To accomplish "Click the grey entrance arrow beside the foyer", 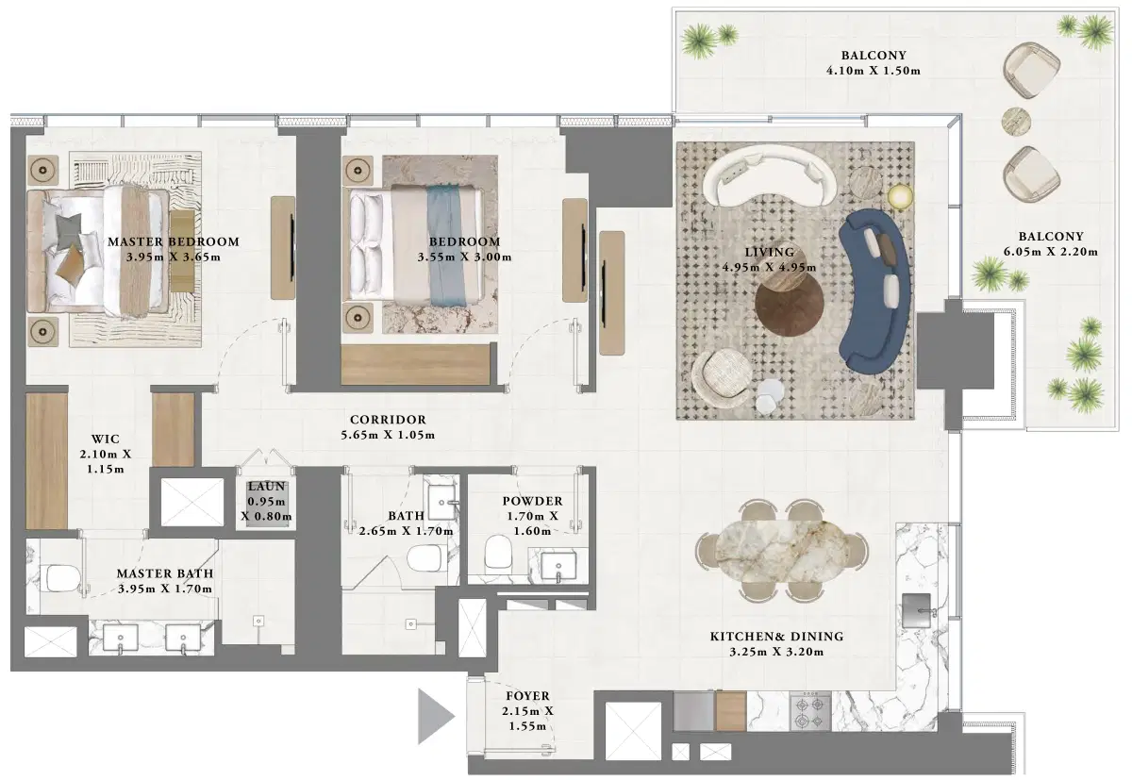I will click(x=435, y=716).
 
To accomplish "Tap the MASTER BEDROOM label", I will click(x=173, y=241).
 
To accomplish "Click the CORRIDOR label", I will click(x=388, y=420).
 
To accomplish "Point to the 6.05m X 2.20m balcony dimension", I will click(x=1051, y=252).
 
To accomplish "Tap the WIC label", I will click(x=104, y=440).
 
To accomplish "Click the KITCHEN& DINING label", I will click(x=776, y=637).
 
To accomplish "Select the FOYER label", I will click(x=527, y=696).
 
